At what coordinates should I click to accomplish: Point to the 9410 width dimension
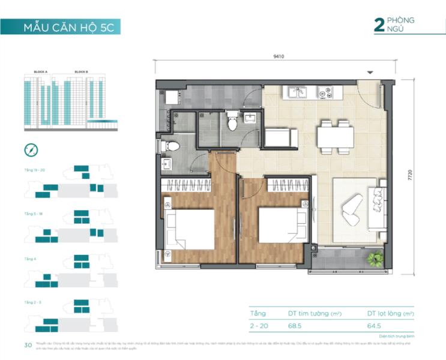pyautogui.click(x=277, y=57)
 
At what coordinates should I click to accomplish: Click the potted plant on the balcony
pyautogui.click(x=376, y=259)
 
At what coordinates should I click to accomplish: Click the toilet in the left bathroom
pyautogui.click(x=170, y=146)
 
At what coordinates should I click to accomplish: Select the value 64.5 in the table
pyautogui.click(x=375, y=326)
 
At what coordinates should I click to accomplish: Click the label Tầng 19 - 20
pyautogui.click(x=35, y=170)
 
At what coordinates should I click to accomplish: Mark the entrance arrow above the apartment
pyautogui.click(x=370, y=73)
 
